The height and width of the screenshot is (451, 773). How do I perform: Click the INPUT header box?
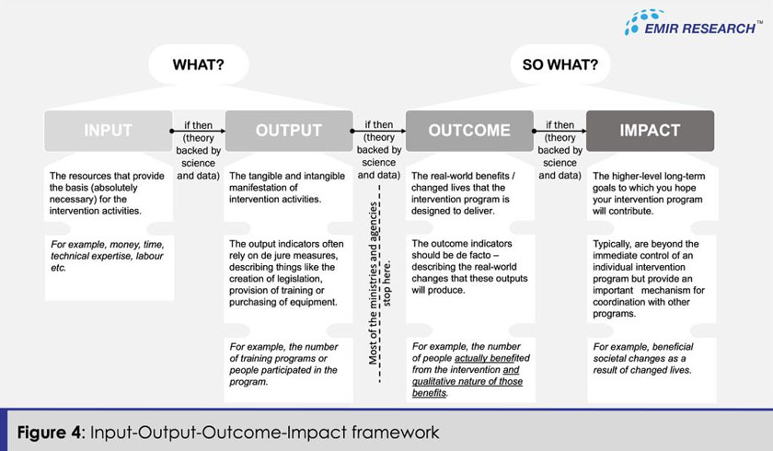click(x=108, y=130)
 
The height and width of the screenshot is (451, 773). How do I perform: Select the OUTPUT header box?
click(x=288, y=130)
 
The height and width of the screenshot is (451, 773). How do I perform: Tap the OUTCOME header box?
click(x=468, y=130)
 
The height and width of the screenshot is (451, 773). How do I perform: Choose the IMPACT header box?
click(x=650, y=130)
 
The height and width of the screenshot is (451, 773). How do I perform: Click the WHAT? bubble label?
click(x=198, y=65)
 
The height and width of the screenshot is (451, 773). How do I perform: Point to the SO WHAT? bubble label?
click(x=560, y=65)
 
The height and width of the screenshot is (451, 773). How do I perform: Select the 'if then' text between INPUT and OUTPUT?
click(x=198, y=125)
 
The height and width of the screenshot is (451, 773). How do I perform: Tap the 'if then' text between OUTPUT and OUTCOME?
click(x=378, y=125)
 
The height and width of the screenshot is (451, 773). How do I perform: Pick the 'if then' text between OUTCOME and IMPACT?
click(x=559, y=125)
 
